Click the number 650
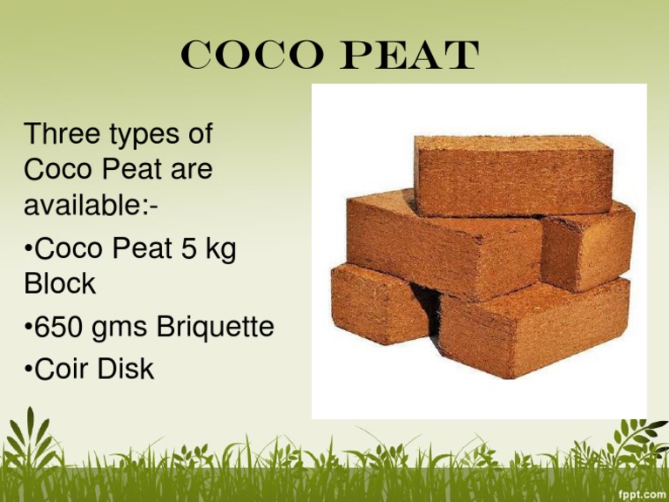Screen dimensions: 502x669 [60, 328]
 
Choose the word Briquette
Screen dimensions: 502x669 [216, 329]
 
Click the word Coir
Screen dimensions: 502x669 [62, 369]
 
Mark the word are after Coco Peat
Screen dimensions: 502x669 [190, 170]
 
